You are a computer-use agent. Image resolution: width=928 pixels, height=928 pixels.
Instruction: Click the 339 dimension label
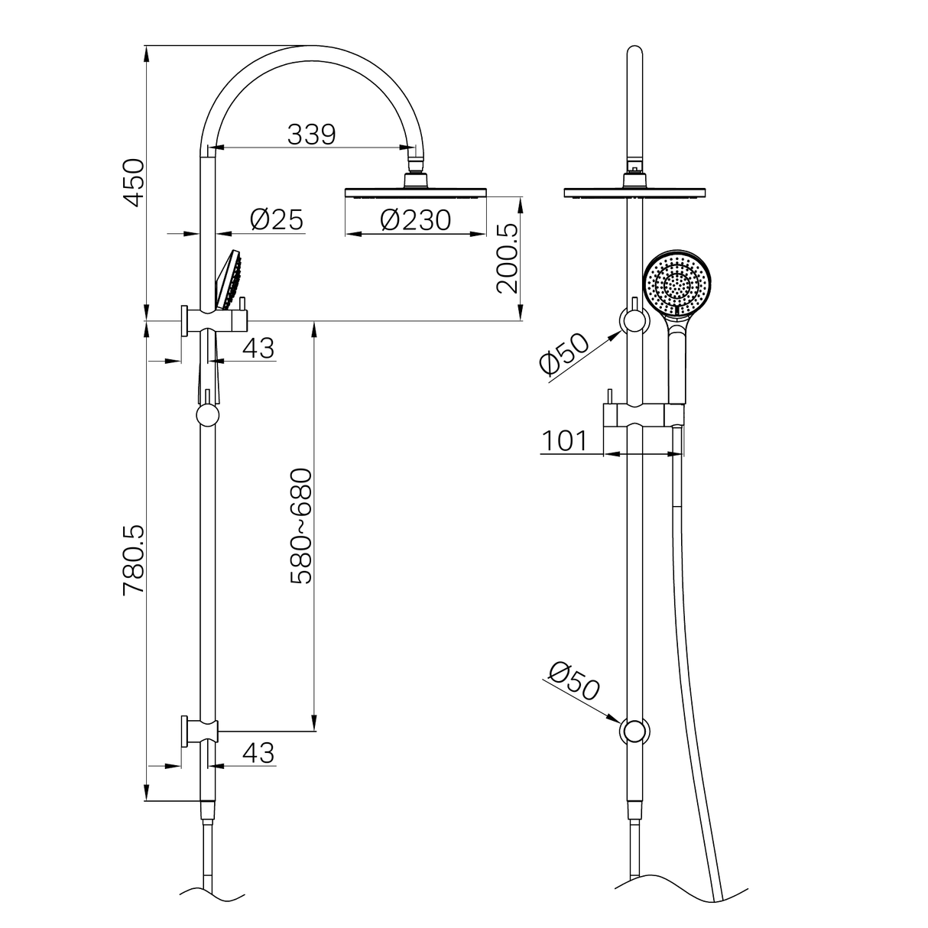coord(311,135)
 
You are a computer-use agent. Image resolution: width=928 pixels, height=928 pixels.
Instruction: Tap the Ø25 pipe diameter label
coord(277,220)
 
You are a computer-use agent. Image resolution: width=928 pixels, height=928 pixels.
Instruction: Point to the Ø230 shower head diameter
coord(416,220)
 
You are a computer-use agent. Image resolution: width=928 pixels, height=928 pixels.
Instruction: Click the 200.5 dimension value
coord(508,258)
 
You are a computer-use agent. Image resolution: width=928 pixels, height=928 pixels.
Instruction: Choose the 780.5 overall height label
coord(134,560)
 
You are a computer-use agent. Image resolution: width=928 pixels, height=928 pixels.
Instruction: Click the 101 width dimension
coord(565,441)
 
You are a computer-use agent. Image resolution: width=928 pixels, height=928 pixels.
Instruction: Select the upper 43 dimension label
coord(258,349)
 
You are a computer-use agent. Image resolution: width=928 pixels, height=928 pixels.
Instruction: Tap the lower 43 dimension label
coord(258,753)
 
